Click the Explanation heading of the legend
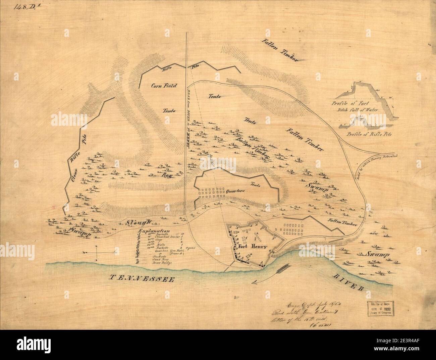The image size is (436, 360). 153,231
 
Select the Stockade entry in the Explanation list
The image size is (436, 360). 161,256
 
